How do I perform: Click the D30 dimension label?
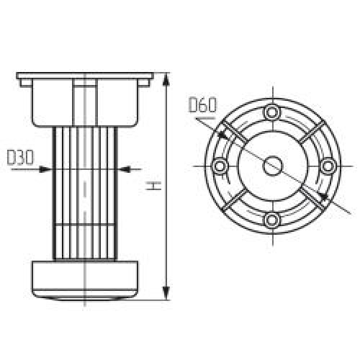(x=20, y=158)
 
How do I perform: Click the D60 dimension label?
(x=202, y=104)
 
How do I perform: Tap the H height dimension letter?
(x=153, y=186)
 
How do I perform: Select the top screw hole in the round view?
(x=272, y=112)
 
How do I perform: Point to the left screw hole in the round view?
(x=220, y=166)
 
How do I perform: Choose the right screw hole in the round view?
(x=328, y=166)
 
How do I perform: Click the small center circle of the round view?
(x=273, y=166)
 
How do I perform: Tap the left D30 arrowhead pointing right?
(x=45, y=169)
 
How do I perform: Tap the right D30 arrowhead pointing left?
(x=125, y=169)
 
